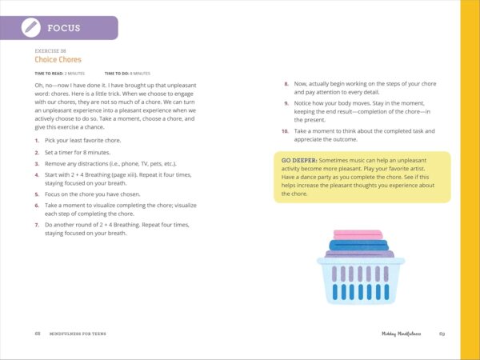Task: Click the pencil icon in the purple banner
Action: pyautogui.click(x=30, y=28)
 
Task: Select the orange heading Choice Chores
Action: pyautogui.click(x=58, y=59)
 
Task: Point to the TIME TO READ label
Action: pyautogui.click(x=51, y=73)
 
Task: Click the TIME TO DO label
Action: pyautogui.click(x=119, y=73)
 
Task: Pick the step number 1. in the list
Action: pyautogui.click(x=36, y=140)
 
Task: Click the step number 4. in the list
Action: pyautogui.click(x=36, y=172)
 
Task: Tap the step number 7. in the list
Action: pyautogui.click(x=36, y=225)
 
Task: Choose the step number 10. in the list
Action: pyautogui.click(x=285, y=130)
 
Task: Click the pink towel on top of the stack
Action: pyautogui.click(x=358, y=234)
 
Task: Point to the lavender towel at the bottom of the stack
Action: pyautogui.click(x=359, y=254)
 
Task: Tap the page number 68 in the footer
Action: pyautogui.click(x=38, y=333)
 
